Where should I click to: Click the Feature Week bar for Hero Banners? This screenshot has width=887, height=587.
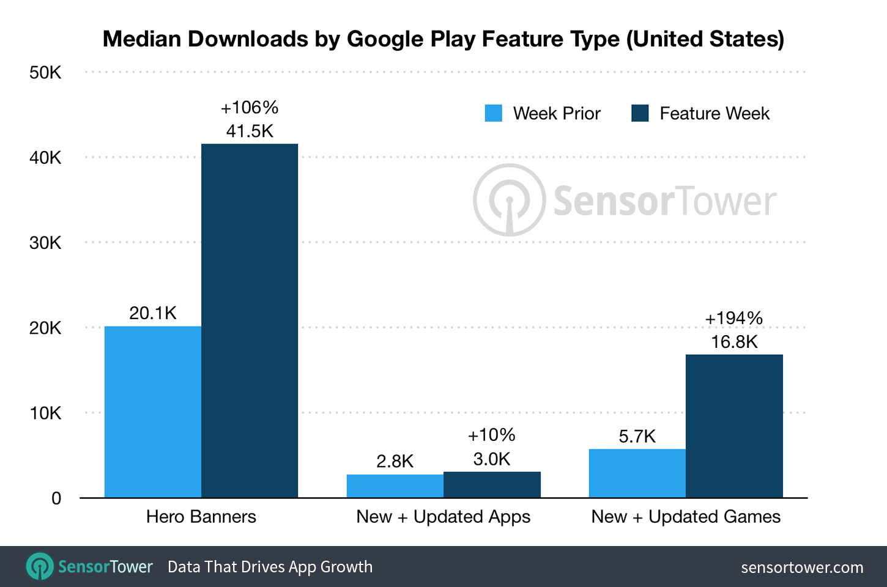pyautogui.click(x=250, y=321)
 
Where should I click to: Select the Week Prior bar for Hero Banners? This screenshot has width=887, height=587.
pyautogui.click(x=153, y=412)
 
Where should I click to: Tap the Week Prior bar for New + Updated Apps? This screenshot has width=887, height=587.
pyautogui.click(x=395, y=486)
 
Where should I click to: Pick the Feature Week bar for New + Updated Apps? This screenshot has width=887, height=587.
pyautogui.click(x=492, y=485)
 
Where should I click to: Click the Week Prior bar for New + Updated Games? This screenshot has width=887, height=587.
pyautogui.click(x=637, y=473)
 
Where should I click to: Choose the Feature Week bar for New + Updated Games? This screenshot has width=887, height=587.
pyautogui.click(x=734, y=426)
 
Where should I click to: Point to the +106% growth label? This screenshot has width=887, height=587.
pyautogui.click(x=250, y=108)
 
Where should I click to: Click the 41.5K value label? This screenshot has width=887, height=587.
pyautogui.click(x=250, y=131)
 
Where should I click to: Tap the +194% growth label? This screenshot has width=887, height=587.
pyautogui.click(x=734, y=318)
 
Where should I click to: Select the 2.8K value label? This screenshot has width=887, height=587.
pyautogui.click(x=395, y=461)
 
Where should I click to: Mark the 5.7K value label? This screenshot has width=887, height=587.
pyautogui.click(x=637, y=436)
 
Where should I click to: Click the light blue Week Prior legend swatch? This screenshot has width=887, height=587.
pyautogui.click(x=493, y=113)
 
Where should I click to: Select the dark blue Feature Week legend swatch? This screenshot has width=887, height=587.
pyautogui.click(x=640, y=113)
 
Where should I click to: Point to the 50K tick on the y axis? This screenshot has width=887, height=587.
pyautogui.click(x=45, y=73)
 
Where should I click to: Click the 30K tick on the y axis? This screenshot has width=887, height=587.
pyautogui.click(x=45, y=243)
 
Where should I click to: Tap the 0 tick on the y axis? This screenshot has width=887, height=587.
pyautogui.click(x=56, y=498)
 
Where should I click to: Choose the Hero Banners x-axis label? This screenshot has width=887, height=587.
pyautogui.click(x=201, y=517)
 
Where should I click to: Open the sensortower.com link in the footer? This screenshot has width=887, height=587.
pyautogui.click(x=802, y=567)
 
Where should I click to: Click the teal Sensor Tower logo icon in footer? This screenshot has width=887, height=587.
pyautogui.click(x=40, y=567)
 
